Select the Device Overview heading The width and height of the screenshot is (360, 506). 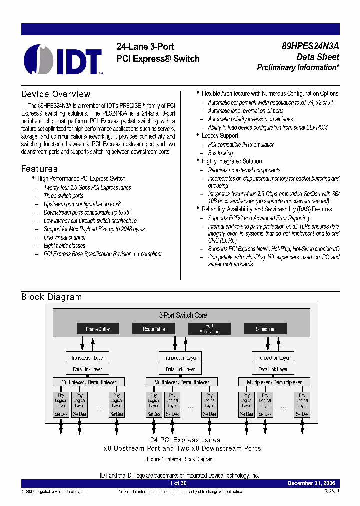tap(56, 94)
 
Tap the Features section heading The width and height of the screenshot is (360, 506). tap(39, 169)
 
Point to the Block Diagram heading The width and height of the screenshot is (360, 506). tap(51, 297)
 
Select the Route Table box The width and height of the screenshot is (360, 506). tap(153, 329)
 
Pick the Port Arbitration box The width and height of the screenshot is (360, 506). tap(209, 329)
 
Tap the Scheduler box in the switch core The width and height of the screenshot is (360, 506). tap(265, 329)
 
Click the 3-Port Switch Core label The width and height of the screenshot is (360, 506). tap(183, 315)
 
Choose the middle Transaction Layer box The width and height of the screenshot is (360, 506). tap(180, 358)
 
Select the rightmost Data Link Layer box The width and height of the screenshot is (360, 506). tap(273, 369)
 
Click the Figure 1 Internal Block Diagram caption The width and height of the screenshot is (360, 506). tap(180, 459)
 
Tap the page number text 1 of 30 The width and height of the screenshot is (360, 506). tap(178, 483)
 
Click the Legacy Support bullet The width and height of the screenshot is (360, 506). tap(220, 136)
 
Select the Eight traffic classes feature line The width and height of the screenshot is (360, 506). tap(64, 246)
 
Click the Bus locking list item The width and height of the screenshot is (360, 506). tap(220, 153)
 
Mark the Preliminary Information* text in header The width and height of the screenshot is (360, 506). tap(298, 68)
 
